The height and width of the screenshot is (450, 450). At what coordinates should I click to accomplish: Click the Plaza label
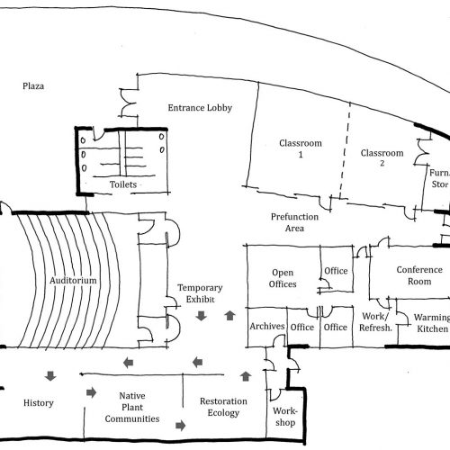click(x=33, y=86)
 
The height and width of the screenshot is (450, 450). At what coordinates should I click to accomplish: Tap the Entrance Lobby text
click(x=200, y=108)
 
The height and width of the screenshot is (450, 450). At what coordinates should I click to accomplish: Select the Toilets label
click(x=123, y=184)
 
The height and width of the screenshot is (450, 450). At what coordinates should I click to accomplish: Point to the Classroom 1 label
click(x=301, y=148)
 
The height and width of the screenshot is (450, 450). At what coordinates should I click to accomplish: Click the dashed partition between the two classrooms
click(x=346, y=150)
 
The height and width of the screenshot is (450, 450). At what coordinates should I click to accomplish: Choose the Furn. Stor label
click(x=440, y=178)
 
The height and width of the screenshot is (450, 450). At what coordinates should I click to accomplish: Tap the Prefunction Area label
click(x=294, y=222)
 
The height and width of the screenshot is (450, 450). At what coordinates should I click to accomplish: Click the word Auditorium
click(x=73, y=281)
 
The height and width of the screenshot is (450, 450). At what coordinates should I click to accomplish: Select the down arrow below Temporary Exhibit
click(x=201, y=316)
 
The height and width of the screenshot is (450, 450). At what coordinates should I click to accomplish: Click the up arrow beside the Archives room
click(x=230, y=316)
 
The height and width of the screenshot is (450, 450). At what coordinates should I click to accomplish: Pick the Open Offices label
click(x=283, y=278)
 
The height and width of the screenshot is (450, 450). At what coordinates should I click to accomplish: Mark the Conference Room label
click(x=419, y=275)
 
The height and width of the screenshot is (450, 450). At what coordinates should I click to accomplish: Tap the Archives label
click(x=267, y=326)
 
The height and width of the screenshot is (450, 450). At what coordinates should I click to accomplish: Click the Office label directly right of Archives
click(x=302, y=327)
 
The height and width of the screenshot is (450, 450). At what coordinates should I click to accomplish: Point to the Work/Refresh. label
click(x=375, y=322)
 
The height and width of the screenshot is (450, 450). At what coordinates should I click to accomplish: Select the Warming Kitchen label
click(x=432, y=323)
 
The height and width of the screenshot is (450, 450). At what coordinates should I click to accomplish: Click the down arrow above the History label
click(x=50, y=376)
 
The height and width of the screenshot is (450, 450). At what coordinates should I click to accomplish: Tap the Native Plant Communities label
click(x=132, y=407)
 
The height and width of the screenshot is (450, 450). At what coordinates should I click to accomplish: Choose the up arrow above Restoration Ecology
click(x=246, y=376)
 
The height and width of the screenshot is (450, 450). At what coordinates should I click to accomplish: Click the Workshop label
click(x=285, y=417)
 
